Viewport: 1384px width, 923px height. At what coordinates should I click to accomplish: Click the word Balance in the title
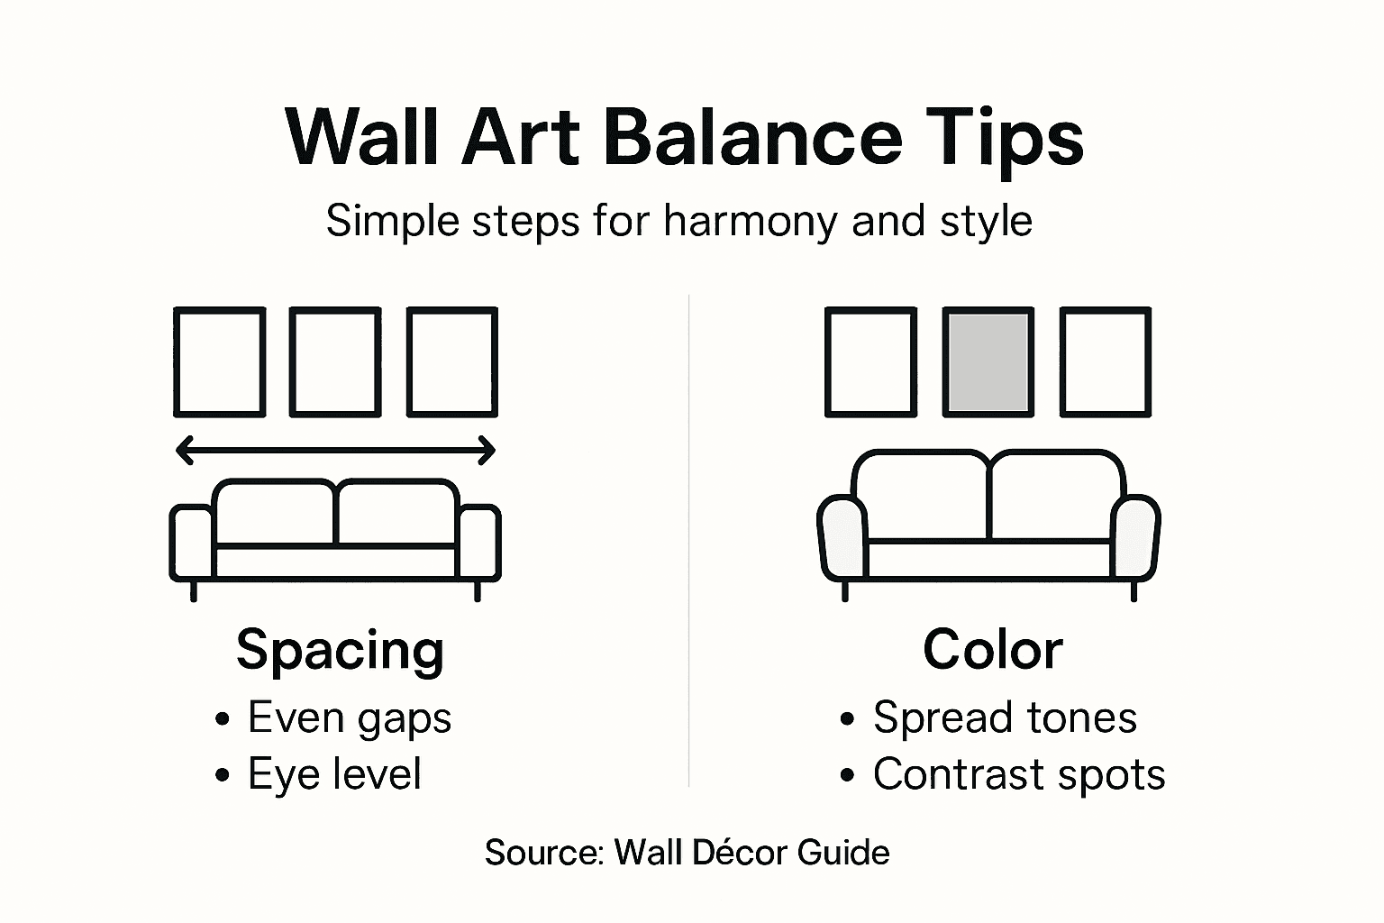pyautogui.click(x=752, y=138)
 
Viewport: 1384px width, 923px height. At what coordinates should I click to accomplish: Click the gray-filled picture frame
pyautogui.click(x=988, y=362)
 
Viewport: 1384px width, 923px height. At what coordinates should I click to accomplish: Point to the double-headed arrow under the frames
pyautogui.click(x=336, y=450)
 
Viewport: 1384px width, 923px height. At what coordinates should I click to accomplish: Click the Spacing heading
pyautogui.click(x=340, y=650)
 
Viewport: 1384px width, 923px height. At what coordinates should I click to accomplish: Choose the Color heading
pyautogui.click(x=992, y=650)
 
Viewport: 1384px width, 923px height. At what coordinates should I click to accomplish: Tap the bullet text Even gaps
pyautogui.click(x=350, y=718)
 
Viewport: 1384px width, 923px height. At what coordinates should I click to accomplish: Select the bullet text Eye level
pyautogui.click(x=334, y=774)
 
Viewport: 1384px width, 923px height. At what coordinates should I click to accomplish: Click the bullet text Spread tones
pyautogui.click(x=1005, y=718)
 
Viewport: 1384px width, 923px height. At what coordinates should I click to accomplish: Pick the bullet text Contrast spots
pyautogui.click(x=1019, y=774)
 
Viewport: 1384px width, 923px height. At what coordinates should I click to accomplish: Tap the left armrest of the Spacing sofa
pyautogui.click(x=192, y=544)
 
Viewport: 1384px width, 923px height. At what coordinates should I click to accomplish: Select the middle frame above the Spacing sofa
pyautogui.click(x=336, y=362)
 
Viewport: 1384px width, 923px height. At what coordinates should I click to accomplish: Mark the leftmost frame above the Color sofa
pyautogui.click(x=871, y=362)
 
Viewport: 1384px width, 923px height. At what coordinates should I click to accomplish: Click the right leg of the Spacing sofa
pyautogui.click(x=478, y=590)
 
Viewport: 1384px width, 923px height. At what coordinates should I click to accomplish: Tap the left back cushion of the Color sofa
pyautogui.click(x=922, y=496)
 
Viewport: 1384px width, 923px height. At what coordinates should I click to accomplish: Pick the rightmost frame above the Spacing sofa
pyautogui.click(x=452, y=362)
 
